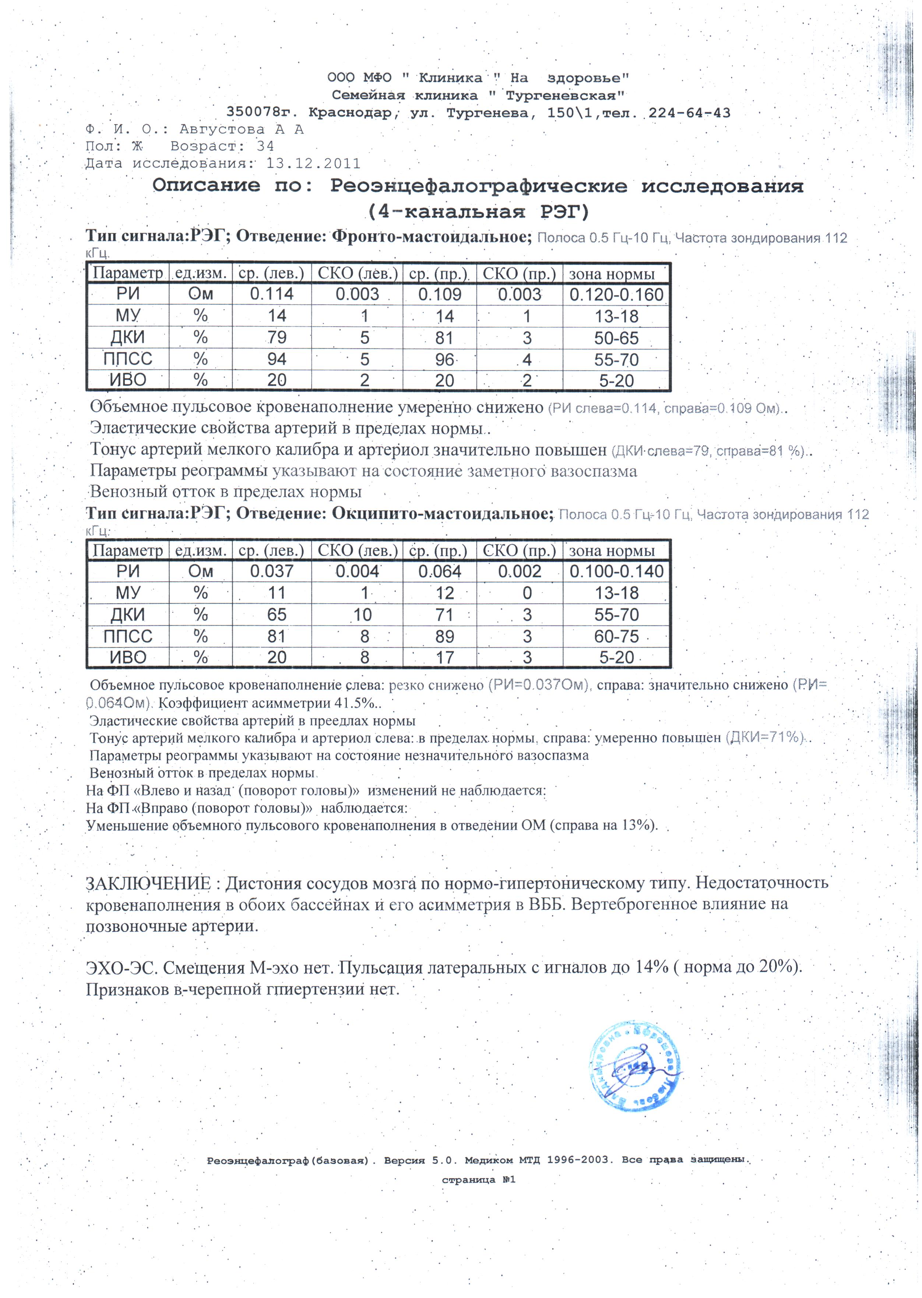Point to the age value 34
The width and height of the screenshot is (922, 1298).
(x=265, y=147)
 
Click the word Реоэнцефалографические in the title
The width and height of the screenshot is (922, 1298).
(x=479, y=186)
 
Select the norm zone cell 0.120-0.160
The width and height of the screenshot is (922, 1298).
(x=616, y=295)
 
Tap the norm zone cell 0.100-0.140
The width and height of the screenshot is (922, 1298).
(x=616, y=571)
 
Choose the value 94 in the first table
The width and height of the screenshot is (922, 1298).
(x=277, y=359)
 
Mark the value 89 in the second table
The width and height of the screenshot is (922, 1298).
(x=444, y=636)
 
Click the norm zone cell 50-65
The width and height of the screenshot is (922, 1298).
(x=616, y=338)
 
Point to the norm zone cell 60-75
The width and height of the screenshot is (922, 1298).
(x=616, y=636)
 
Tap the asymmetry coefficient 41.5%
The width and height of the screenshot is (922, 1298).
(x=355, y=703)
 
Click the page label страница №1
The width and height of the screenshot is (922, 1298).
(x=478, y=1180)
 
